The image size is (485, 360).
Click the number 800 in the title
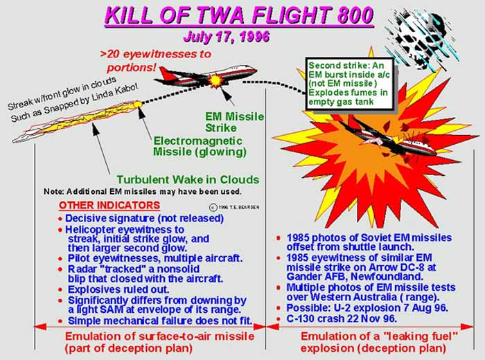point(355,15)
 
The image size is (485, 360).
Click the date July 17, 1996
point(227,37)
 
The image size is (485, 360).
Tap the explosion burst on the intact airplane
point(215,80)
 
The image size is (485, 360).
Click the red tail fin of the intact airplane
point(167,74)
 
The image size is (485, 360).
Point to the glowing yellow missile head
point(138,105)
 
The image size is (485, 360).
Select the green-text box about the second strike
point(349,84)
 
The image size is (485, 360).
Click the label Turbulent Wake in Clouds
point(188,179)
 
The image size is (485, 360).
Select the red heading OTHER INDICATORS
point(109,206)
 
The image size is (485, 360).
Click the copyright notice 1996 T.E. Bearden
point(234,208)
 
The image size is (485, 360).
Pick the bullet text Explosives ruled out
point(118,290)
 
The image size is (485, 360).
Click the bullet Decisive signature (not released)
point(144,219)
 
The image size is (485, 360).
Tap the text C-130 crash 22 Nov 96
point(342,318)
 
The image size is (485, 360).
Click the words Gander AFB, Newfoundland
point(355,276)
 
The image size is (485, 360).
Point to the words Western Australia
point(353,297)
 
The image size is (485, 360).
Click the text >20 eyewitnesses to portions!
point(156,61)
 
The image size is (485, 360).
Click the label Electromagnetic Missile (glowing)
point(200,146)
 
